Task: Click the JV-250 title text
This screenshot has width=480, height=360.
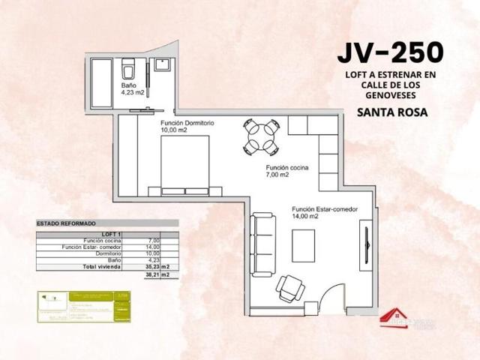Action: point(390,52)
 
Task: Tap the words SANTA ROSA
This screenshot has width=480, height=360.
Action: point(392,113)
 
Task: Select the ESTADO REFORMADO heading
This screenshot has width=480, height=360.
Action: point(65,223)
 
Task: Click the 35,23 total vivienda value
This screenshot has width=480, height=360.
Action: point(154,266)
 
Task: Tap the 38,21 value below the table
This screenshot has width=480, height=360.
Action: point(154,274)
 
